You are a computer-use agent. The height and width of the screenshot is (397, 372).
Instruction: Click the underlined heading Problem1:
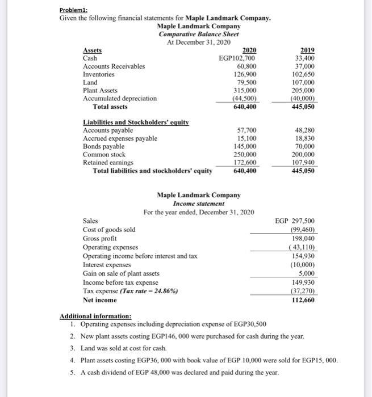(75, 10)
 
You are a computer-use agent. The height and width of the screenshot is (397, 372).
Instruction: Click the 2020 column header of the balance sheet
(249, 50)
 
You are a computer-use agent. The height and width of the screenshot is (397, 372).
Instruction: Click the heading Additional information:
(95, 316)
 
